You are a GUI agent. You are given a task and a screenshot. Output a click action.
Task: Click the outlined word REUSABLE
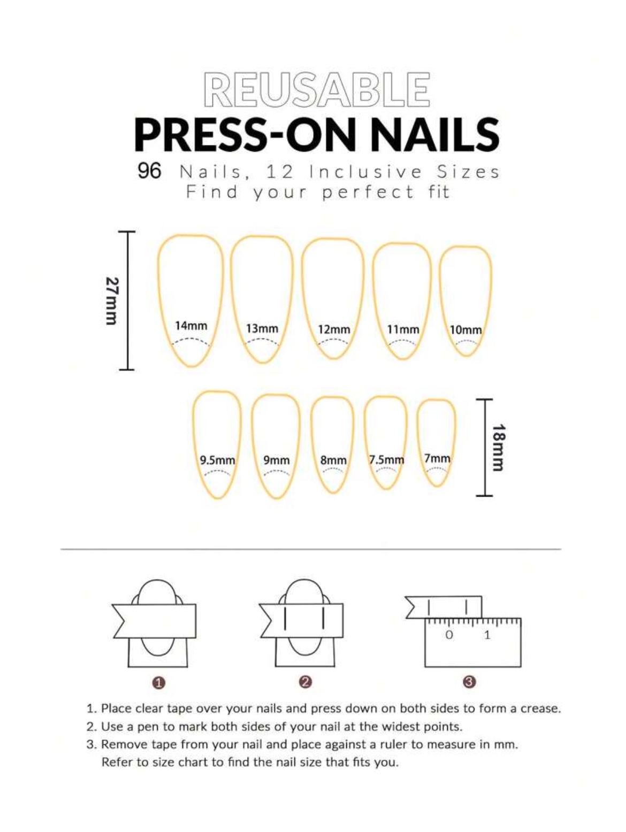[317, 89]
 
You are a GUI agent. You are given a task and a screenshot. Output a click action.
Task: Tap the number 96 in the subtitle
[149, 171]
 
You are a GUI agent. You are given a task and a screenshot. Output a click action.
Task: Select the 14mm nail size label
[191, 326]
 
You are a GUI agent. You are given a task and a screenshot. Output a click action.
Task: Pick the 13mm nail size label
[262, 328]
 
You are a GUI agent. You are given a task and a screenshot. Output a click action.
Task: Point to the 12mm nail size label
[334, 329]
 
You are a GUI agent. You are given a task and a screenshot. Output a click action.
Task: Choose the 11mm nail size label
[403, 329]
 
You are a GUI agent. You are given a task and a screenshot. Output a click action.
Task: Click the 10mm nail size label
[465, 330]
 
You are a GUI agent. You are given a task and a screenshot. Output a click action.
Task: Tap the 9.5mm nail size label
[217, 460]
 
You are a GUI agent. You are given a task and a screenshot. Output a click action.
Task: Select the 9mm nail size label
[276, 460]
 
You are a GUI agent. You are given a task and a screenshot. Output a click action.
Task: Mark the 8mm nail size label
[333, 460]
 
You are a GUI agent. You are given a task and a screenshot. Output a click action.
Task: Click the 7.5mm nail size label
[386, 459]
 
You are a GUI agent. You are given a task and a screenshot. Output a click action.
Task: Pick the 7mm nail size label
[437, 458]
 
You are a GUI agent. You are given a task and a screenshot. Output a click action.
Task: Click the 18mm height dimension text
[499, 448]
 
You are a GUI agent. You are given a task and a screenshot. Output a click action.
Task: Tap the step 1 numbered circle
[159, 682]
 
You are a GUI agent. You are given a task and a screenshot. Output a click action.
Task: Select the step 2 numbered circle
[306, 682]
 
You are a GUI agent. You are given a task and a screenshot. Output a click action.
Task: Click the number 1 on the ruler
[487, 635]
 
